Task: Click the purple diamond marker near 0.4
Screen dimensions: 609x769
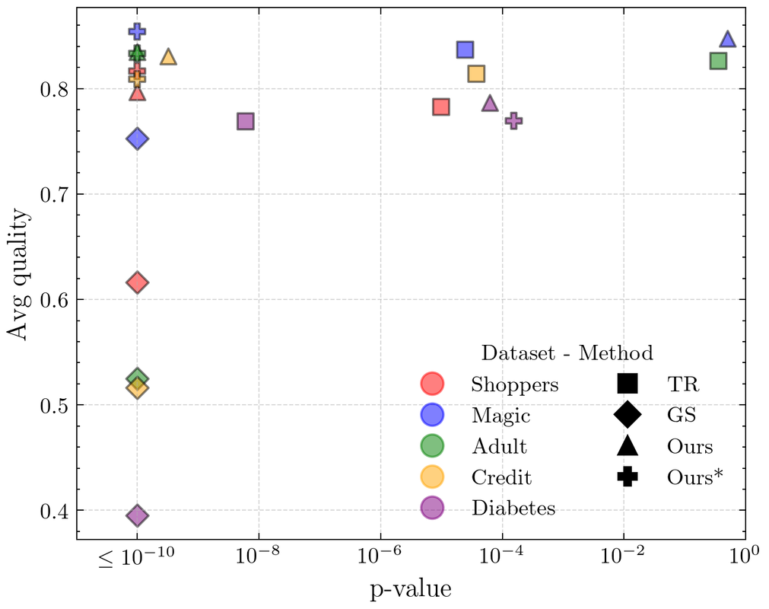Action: [x=137, y=516]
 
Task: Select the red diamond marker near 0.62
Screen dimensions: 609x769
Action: [x=137, y=283]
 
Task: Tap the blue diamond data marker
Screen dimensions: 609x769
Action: [x=137, y=139]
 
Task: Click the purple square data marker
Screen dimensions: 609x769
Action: [x=245, y=121]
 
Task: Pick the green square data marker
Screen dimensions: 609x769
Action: [x=718, y=61]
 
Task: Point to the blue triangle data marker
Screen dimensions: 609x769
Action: [x=727, y=40]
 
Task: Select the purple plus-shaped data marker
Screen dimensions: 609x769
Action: [x=513, y=120]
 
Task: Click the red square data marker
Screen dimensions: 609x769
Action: [x=441, y=107]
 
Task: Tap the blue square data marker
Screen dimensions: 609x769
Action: [x=466, y=49]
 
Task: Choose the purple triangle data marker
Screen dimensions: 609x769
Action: [x=490, y=104]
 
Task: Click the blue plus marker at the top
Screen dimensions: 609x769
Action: [x=137, y=31]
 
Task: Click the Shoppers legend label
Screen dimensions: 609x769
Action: [x=515, y=384]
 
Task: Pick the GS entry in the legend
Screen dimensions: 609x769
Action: [x=682, y=415]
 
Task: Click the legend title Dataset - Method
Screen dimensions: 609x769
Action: [x=567, y=353]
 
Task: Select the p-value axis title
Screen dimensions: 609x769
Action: [x=411, y=588]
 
